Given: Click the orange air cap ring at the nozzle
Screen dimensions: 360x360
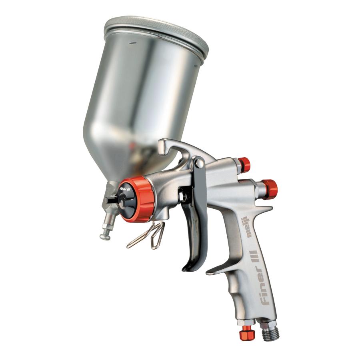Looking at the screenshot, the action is tap(140, 199).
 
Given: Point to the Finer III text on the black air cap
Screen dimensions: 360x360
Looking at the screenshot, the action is tap(125, 188).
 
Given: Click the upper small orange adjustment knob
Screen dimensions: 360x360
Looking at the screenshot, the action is tap(244, 164).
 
